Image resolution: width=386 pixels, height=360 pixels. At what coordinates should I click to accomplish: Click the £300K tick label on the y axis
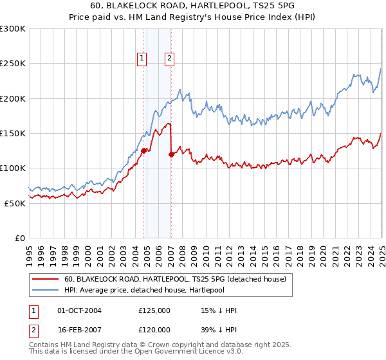click(x=13, y=29)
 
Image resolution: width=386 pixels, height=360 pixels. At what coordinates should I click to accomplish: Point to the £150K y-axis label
click(x=13, y=133)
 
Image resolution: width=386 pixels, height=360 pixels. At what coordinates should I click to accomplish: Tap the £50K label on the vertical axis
click(x=15, y=203)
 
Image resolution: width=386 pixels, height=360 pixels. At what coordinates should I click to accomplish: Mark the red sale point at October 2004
click(x=143, y=150)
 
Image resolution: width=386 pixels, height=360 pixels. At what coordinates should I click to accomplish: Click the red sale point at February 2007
click(x=172, y=154)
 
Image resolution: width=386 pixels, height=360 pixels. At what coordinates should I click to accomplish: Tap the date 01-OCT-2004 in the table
click(x=80, y=310)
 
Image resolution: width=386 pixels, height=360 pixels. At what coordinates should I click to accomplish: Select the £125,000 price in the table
click(x=154, y=310)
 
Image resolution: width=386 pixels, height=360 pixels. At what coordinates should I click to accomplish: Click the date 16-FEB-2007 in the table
click(x=80, y=330)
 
